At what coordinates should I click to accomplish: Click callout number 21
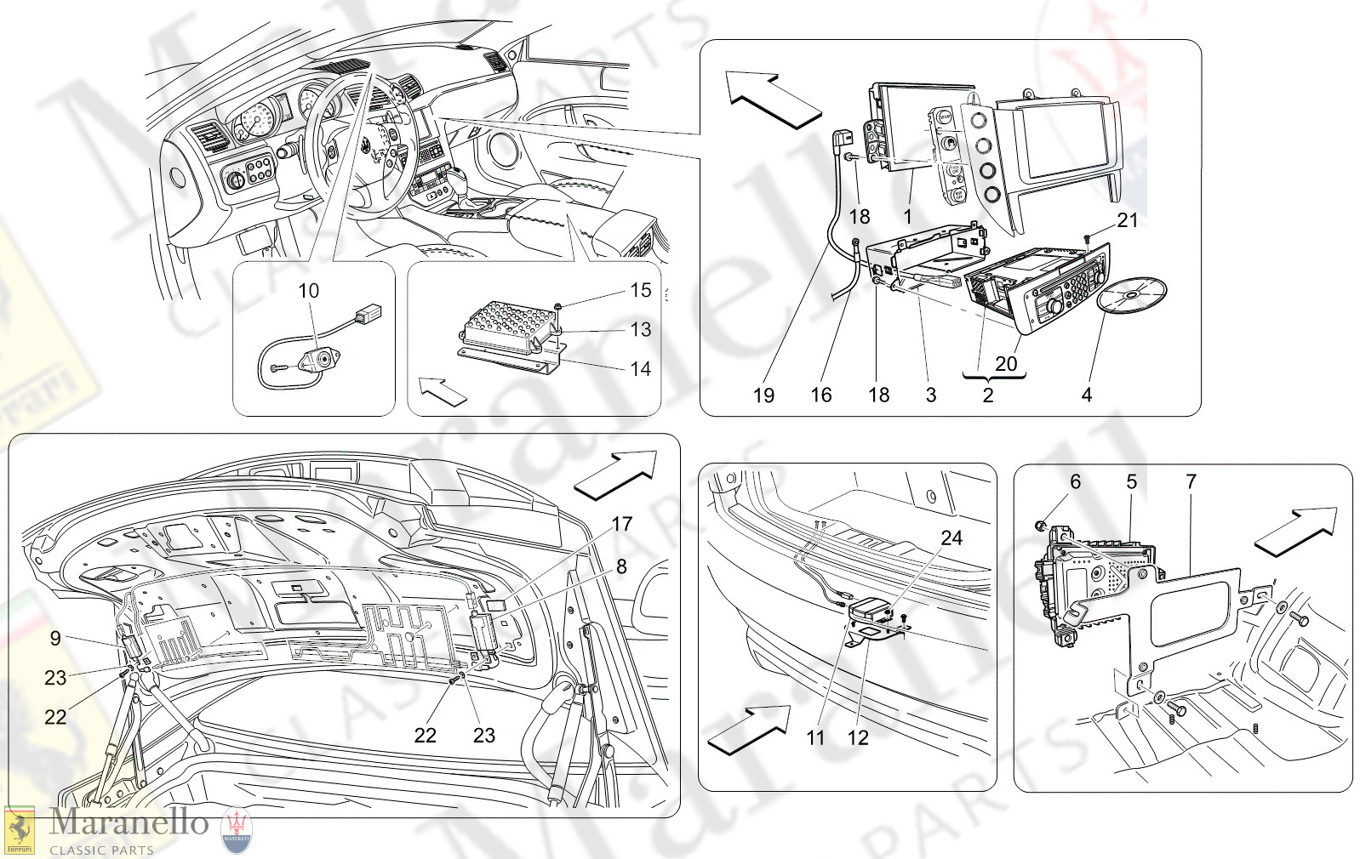[x=1127, y=220]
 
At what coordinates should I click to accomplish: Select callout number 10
[x=308, y=291]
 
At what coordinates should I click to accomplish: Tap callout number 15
[x=640, y=291]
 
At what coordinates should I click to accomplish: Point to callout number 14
[x=640, y=368]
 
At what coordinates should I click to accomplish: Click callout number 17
[x=622, y=524]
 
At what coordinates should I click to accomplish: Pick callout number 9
[x=55, y=638]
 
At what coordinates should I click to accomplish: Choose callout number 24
[x=951, y=538]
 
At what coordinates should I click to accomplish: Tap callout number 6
[x=1075, y=482]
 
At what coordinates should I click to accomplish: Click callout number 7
[x=1191, y=482]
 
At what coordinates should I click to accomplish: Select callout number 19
[x=763, y=395]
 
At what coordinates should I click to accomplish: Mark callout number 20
[x=1006, y=364]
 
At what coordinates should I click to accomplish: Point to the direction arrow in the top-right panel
[x=770, y=99]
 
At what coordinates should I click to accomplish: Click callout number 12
[x=858, y=738]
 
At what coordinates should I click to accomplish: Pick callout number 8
[x=621, y=566]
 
